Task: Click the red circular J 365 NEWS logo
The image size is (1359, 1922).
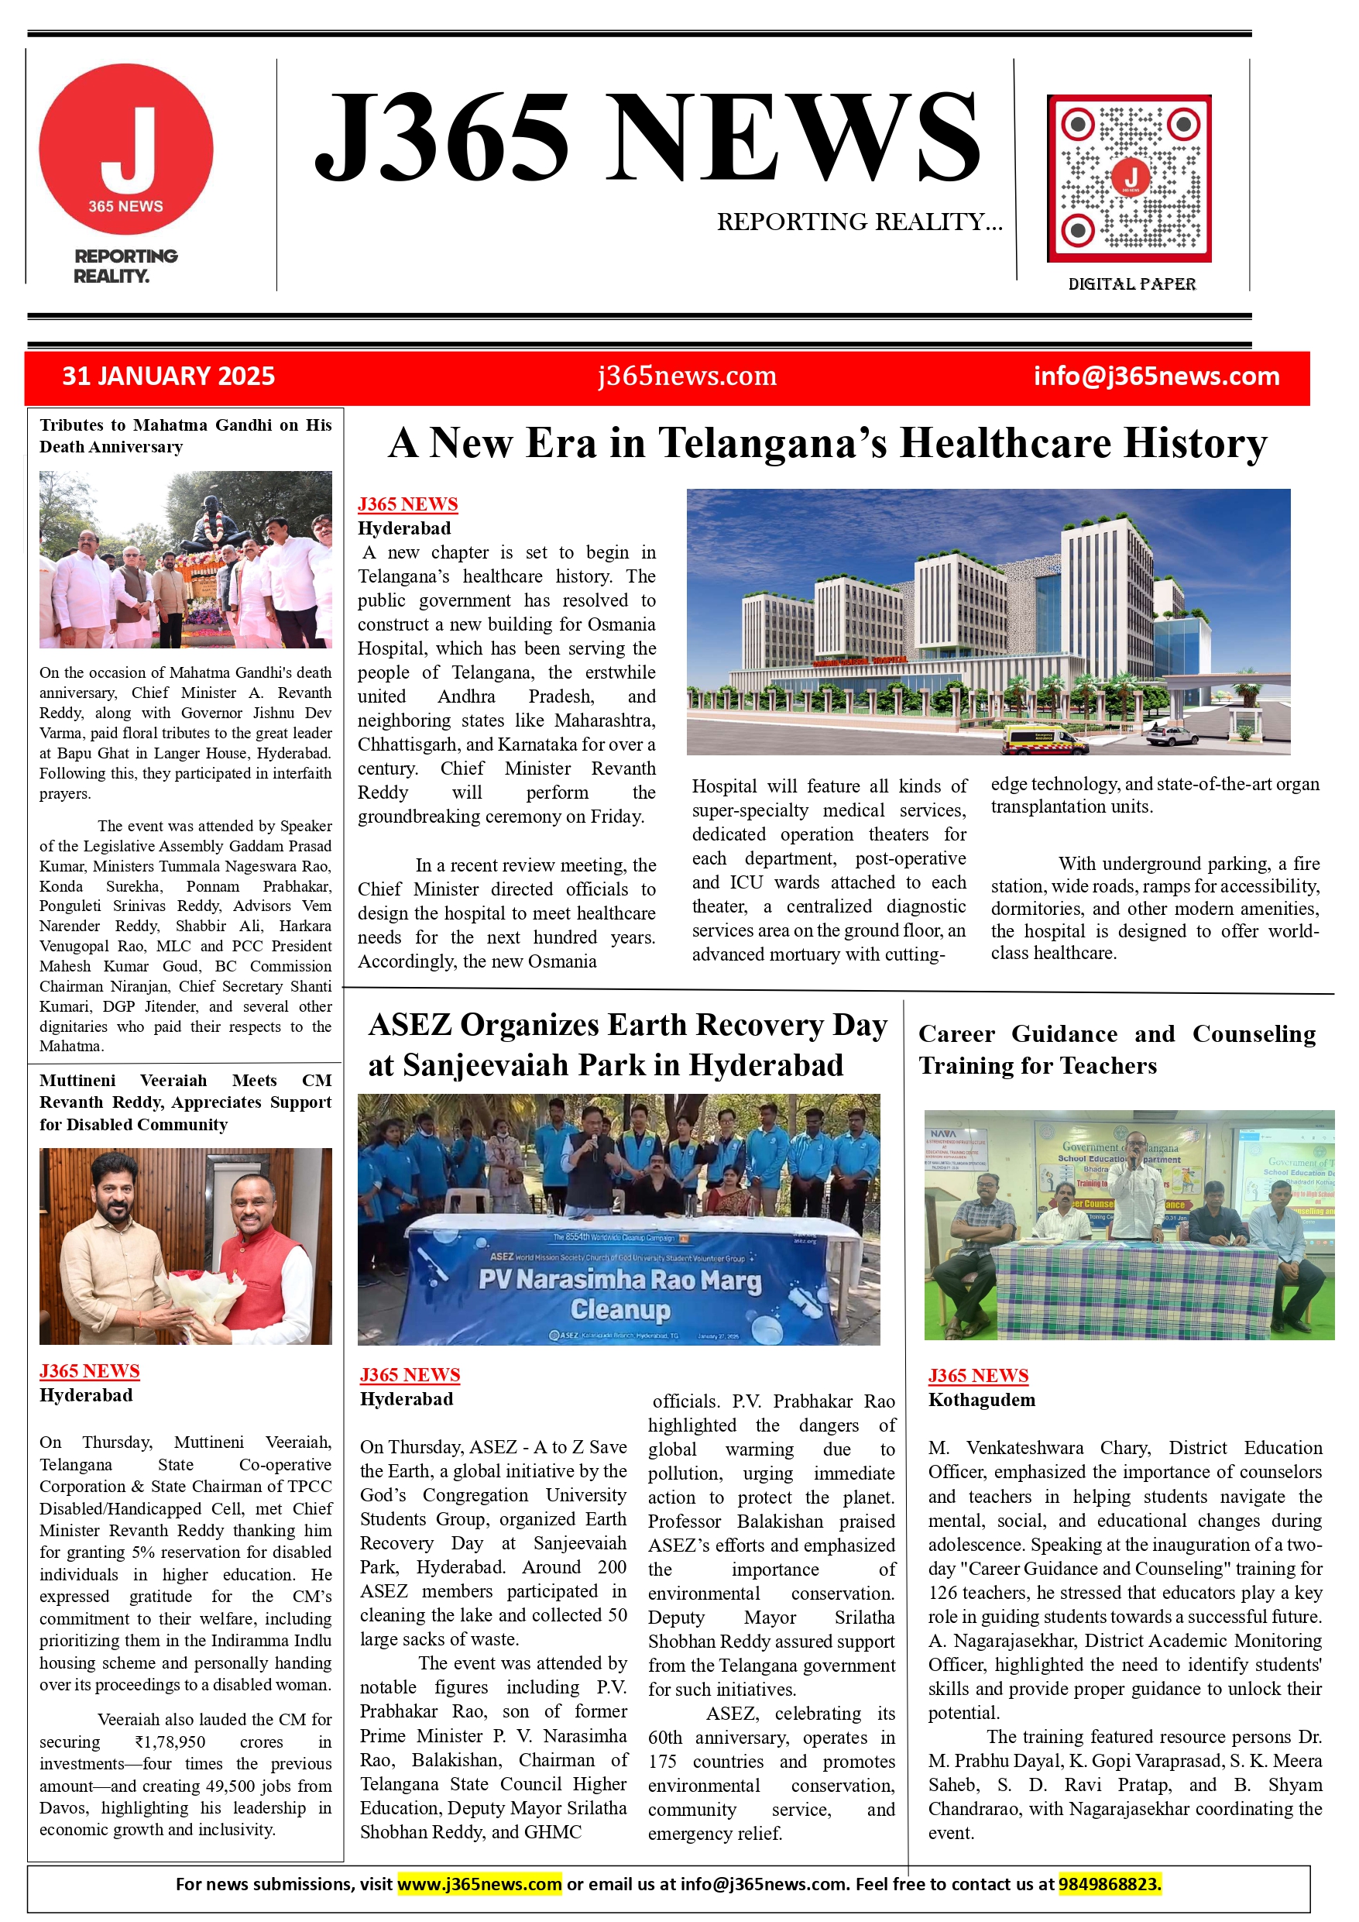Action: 126,149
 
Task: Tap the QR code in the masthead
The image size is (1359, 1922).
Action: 1129,178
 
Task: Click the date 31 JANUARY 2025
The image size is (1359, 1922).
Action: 168,376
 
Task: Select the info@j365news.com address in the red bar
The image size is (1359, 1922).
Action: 1155,376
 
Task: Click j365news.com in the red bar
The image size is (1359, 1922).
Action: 687,376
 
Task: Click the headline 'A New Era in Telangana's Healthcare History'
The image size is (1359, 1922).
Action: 827,443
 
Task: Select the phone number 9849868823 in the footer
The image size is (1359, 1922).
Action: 1110,1884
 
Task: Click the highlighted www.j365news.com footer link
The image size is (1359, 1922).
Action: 479,1884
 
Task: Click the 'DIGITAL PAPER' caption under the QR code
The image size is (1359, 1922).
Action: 1131,284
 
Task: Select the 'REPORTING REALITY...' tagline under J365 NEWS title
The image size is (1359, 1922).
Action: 860,222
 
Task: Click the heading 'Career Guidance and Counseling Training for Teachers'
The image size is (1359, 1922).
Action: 1117,1050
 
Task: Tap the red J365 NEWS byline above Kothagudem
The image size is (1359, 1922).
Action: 978,1375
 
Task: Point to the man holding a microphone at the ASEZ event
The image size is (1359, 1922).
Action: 597,1160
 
